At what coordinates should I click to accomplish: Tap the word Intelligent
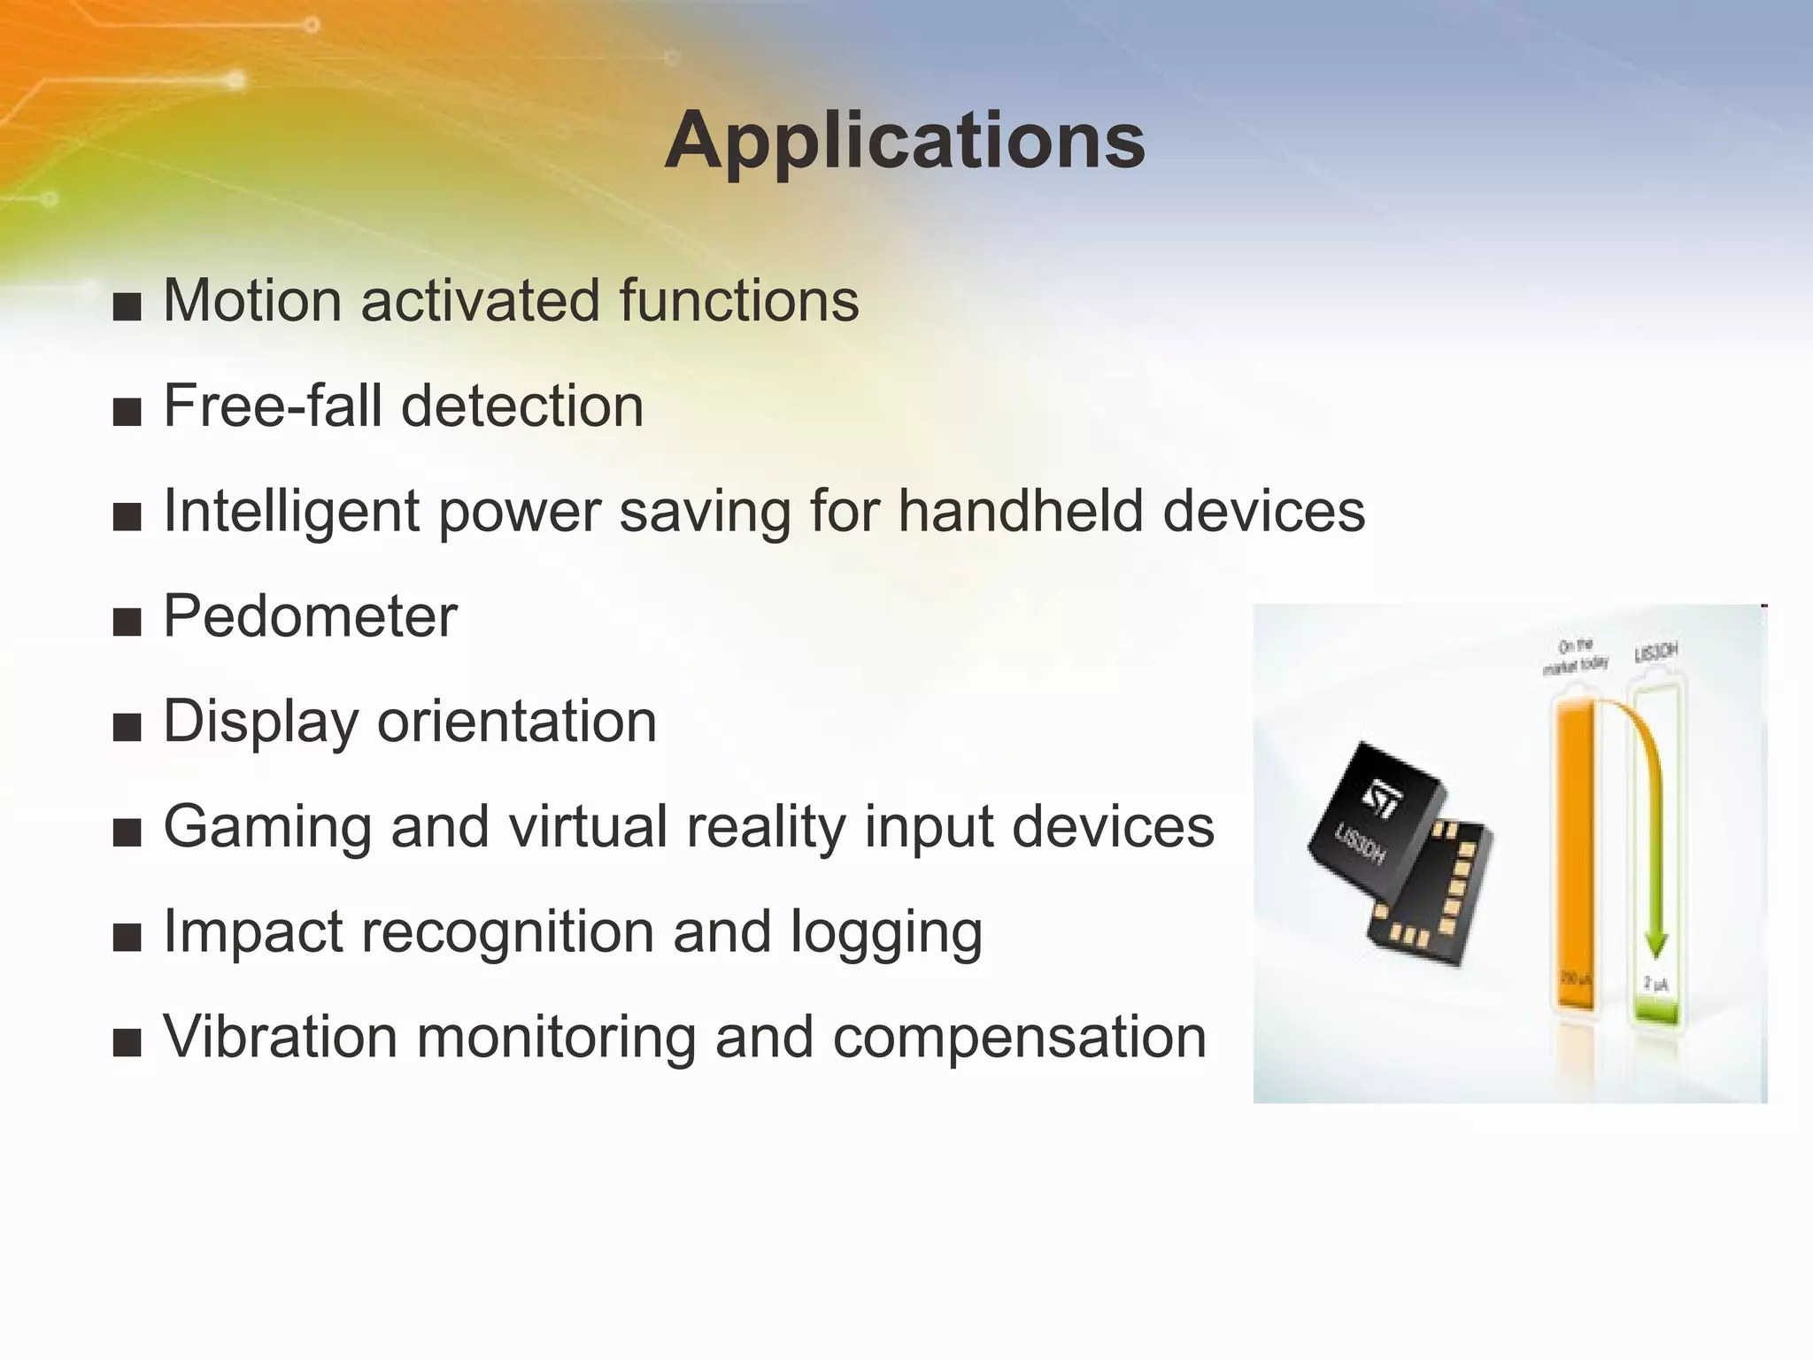(290, 512)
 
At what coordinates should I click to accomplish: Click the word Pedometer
(310, 616)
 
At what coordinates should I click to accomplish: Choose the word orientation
(517, 721)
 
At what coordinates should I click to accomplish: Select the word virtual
(588, 826)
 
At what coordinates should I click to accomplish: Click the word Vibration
(280, 1036)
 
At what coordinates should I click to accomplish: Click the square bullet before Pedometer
(127, 622)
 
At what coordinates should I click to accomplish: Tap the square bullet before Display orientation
(127, 727)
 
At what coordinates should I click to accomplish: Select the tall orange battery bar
(1574, 850)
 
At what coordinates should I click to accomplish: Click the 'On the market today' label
(1575, 656)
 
